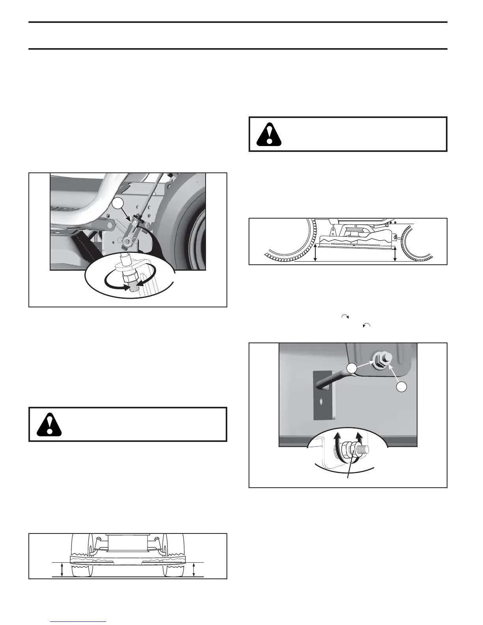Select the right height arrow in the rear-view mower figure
[x=193, y=570]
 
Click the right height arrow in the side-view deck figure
[x=395, y=253]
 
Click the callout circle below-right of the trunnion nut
[x=402, y=387]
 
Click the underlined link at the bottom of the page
[x=79, y=622]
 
